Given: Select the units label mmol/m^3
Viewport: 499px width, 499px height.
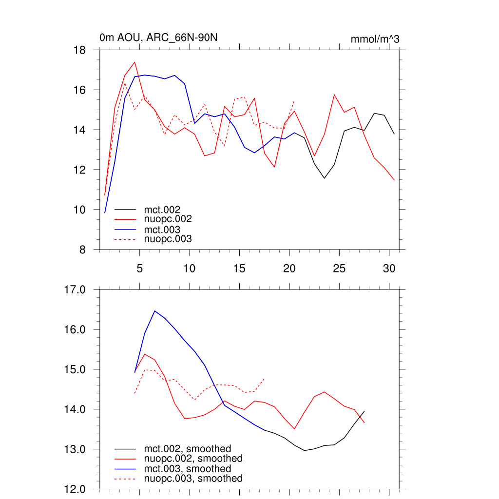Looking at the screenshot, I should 375,39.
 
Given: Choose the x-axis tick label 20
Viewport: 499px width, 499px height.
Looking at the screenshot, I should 289,268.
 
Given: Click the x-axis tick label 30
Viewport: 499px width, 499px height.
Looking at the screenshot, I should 389,268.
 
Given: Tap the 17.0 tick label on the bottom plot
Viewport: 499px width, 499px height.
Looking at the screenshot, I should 76,289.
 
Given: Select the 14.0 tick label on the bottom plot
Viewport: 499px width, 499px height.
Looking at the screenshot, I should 76,409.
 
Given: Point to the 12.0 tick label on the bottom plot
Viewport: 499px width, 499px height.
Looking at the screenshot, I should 76,489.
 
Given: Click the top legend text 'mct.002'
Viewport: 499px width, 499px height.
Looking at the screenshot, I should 159,210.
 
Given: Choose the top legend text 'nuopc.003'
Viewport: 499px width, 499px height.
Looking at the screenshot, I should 168,239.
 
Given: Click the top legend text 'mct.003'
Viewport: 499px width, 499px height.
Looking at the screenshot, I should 159,230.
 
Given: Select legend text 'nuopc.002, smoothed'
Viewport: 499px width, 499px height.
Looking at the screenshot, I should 193,459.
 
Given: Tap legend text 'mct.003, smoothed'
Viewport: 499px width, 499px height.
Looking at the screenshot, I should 188,469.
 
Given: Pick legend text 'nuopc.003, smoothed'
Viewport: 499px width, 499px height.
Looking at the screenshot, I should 193,479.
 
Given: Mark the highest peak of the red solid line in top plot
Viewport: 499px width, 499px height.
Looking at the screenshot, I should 135,62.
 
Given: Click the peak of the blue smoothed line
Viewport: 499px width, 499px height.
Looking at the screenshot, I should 154,310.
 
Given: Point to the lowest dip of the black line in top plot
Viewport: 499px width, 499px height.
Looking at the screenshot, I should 325,178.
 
